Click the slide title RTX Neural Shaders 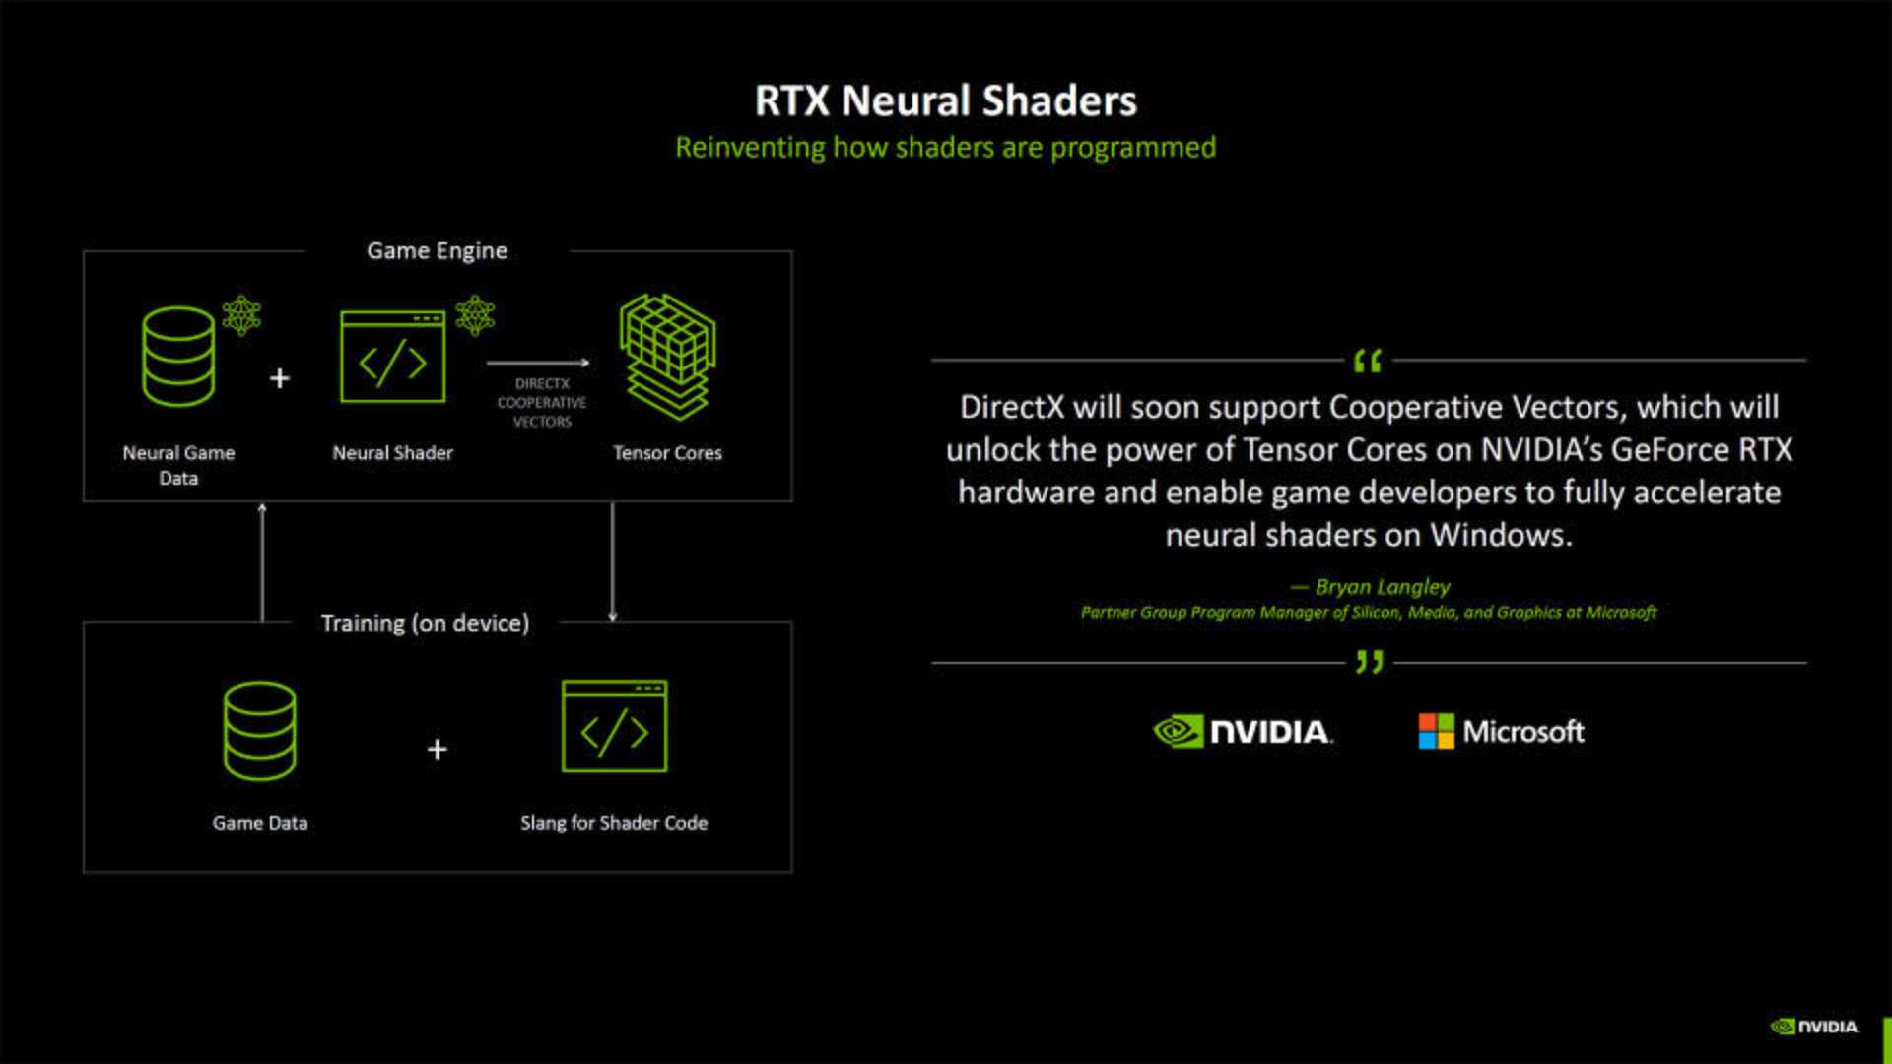pyautogui.click(x=946, y=100)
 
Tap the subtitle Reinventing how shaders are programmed pyautogui.click(x=946, y=148)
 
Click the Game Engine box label pyautogui.click(x=437, y=251)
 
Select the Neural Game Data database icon pyautogui.click(x=178, y=357)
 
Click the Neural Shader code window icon pyautogui.click(x=393, y=357)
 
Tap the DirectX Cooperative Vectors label pyautogui.click(x=541, y=403)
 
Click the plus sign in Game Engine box pyautogui.click(x=280, y=378)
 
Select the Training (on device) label pyautogui.click(x=425, y=623)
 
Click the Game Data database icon pyautogui.click(x=260, y=731)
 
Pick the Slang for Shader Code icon pyautogui.click(x=615, y=726)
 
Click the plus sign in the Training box pyautogui.click(x=438, y=750)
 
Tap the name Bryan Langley pyautogui.click(x=1383, y=587)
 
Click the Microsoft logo pyautogui.click(x=1502, y=731)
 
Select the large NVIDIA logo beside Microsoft pyautogui.click(x=1243, y=731)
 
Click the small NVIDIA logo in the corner pyautogui.click(x=1815, y=1027)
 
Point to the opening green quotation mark pyautogui.click(x=1368, y=362)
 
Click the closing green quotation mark pyautogui.click(x=1370, y=662)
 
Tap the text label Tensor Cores pyautogui.click(x=667, y=453)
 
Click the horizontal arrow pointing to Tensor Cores pyautogui.click(x=538, y=363)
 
